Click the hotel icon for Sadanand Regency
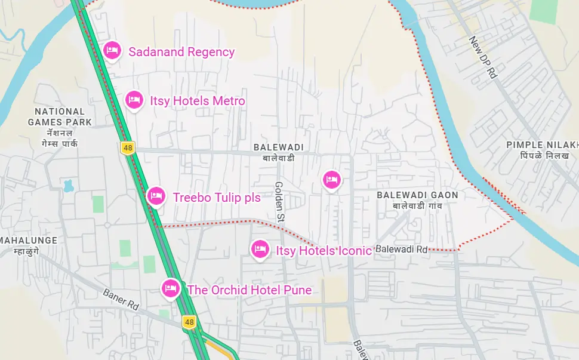112,51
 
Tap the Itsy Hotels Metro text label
197,101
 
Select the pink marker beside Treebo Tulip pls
156,195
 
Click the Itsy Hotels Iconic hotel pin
259,249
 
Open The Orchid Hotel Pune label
250,290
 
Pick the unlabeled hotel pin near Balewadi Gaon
332,179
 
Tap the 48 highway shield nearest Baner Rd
189,322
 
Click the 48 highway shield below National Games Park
127,147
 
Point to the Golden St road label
279,202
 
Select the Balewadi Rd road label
402,249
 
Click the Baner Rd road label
121,299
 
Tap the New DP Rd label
483,58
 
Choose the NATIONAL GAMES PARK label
60,117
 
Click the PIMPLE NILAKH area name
542,145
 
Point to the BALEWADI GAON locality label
417,195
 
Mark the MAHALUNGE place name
29,241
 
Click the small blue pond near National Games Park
67,185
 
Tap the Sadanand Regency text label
181,52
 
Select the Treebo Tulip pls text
217,198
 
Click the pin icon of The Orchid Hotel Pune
171,289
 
